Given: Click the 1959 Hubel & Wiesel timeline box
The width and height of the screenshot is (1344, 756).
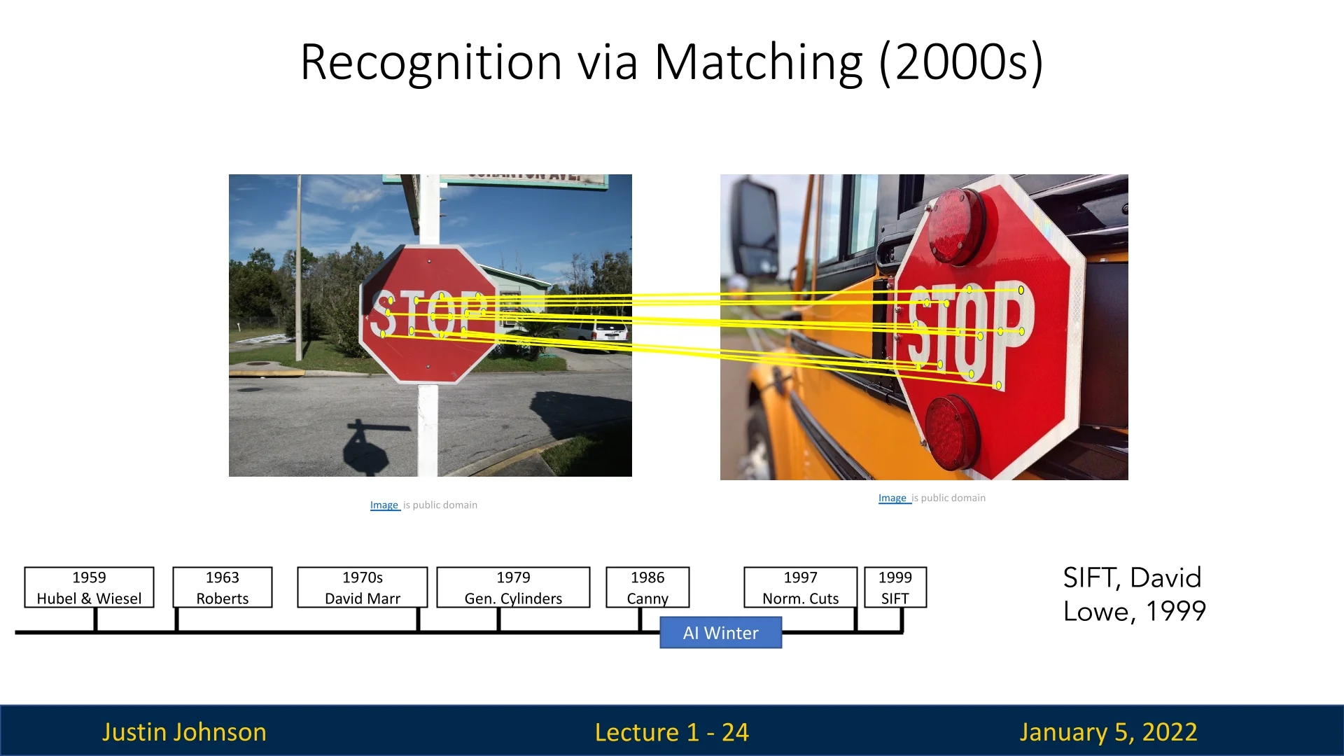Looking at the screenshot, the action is point(89,587).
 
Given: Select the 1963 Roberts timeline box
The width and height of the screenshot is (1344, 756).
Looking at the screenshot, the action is point(223,587).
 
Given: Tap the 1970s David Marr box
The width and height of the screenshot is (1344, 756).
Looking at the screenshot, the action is point(363,587).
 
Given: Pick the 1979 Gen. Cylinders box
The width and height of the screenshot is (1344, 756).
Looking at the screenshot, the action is point(513,587).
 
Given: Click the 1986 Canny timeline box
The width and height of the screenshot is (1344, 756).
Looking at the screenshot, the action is point(647,587).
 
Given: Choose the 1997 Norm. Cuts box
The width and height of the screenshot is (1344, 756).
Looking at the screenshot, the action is point(801,587).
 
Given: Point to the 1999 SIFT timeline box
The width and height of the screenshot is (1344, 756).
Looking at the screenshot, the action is point(895,587).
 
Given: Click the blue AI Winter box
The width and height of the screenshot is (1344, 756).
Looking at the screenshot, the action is point(721,633).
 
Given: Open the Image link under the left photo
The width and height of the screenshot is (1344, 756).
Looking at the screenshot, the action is point(384,505).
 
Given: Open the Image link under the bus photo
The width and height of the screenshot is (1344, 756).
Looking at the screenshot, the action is point(893,498).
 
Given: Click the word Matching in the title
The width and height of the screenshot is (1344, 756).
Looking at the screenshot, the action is point(758,63).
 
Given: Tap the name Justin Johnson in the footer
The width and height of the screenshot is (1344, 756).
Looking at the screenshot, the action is point(184,732).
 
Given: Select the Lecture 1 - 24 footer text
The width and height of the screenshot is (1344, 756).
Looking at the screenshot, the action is point(672,732).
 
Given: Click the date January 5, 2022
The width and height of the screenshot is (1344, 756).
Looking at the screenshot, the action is point(1108,732).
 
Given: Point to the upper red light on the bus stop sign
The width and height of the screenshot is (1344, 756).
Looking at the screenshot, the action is point(956,226).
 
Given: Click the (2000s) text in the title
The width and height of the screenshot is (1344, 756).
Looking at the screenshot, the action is point(962,63).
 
